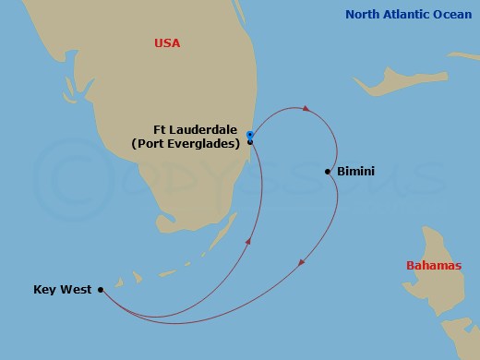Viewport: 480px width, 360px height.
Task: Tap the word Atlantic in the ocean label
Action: point(410,14)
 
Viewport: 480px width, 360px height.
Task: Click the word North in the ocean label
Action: point(364,14)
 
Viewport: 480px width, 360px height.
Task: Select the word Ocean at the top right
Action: point(454,14)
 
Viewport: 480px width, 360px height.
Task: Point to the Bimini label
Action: point(355,172)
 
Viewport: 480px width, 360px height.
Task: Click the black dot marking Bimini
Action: point(329,172)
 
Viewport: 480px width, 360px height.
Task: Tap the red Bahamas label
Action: point(433,266)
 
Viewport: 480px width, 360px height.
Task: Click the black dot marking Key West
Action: point(100,290)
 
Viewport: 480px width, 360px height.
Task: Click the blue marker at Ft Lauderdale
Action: point(250,135)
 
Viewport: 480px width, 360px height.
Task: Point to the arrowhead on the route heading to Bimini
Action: point(306,112)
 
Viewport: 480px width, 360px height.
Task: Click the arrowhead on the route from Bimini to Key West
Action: point(302,264)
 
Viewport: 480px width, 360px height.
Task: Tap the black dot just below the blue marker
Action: point(250,143)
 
